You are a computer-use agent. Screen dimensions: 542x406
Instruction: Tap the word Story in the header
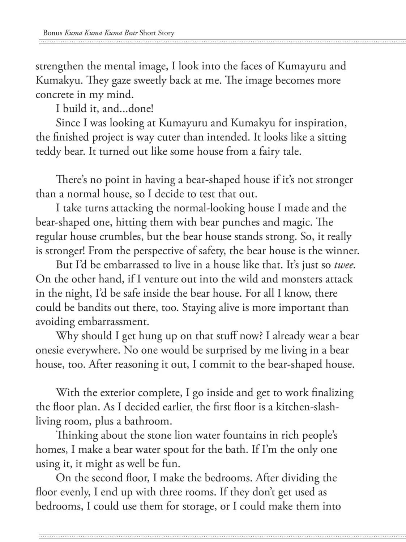point(166,33)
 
